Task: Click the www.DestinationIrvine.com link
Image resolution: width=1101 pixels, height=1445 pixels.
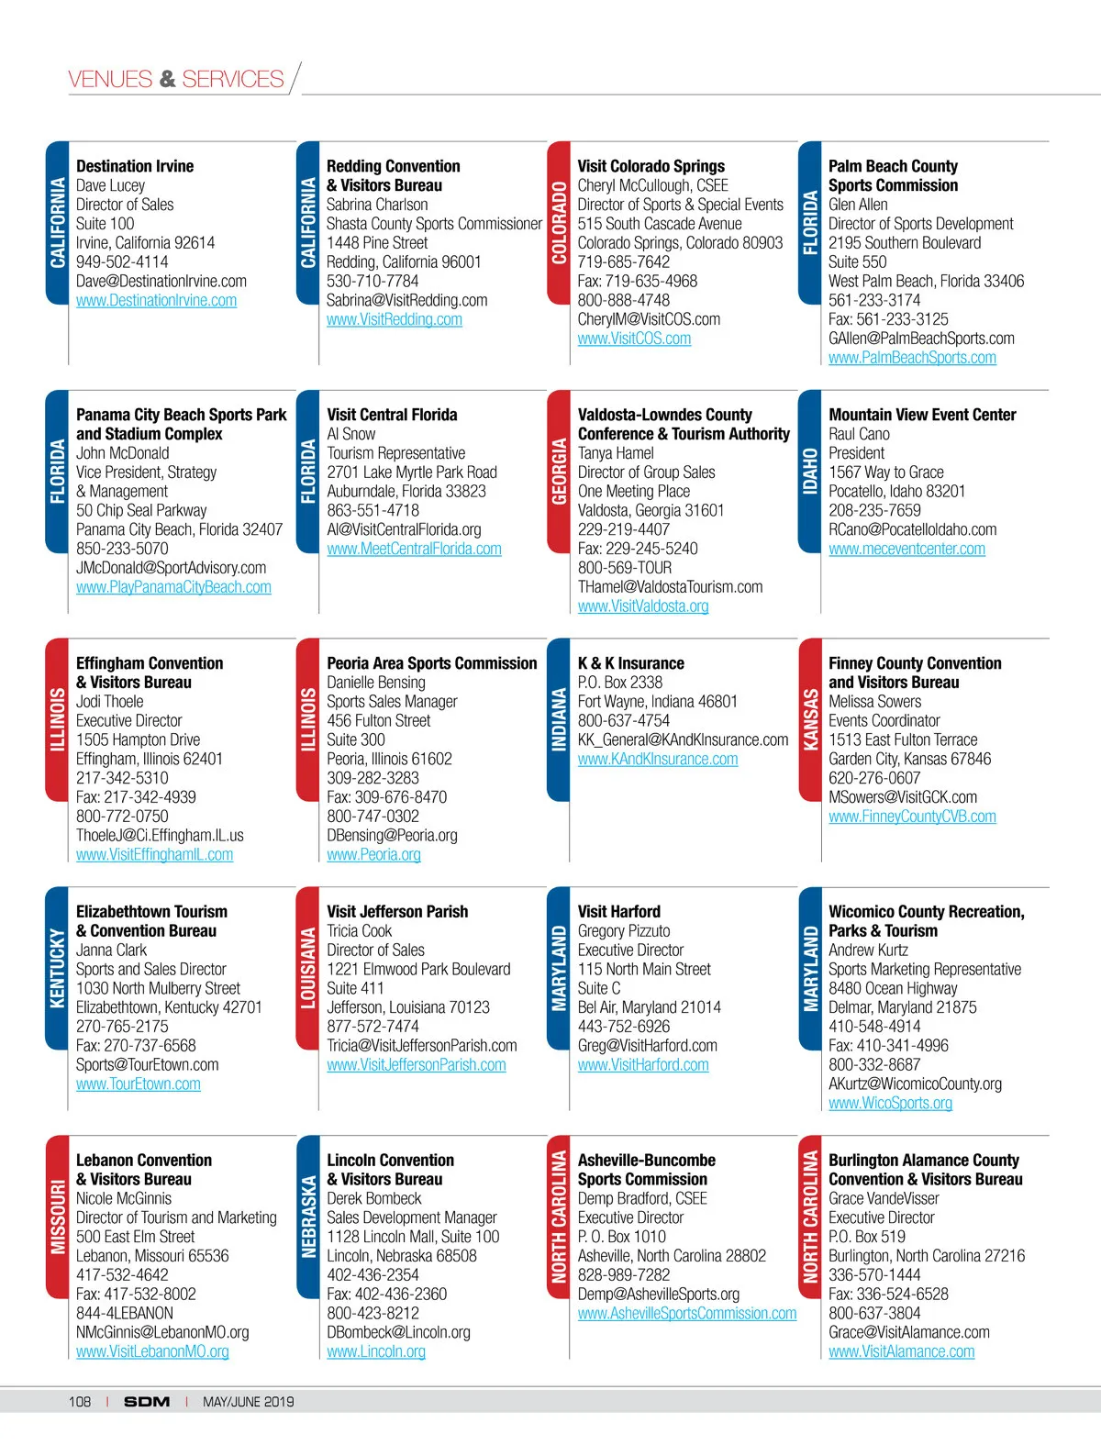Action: point(156,301)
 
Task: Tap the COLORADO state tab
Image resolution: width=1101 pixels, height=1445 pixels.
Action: point(559,223)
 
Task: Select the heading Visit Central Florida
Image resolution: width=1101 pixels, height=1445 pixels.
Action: point(392,415)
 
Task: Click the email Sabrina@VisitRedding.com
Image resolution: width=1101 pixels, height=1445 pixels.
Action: point(406,300)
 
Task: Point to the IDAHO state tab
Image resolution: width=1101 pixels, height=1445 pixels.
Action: point(810,472)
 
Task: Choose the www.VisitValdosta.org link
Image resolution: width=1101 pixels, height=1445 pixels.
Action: point(642,606)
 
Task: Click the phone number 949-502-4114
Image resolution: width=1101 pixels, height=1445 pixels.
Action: point(122,262)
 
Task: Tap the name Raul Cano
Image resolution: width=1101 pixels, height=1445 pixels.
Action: point(859,434)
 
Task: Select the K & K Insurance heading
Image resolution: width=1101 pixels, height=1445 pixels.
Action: point(630,663)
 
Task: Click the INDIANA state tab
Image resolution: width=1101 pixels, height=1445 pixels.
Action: point(559,720)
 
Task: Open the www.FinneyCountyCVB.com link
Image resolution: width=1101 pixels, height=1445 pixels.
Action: point(912,817)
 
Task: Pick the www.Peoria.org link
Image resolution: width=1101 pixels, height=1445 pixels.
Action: point(373,855)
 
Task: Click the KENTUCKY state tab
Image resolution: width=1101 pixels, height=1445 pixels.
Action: point(57,968)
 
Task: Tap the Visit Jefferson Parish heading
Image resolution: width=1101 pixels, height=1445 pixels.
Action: point(397,912)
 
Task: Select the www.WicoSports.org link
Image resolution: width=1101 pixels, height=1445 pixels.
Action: point(890,1104)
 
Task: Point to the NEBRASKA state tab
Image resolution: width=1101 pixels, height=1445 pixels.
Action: point(308,1217)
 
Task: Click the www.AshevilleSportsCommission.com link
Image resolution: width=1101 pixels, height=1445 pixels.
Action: point(686,1314)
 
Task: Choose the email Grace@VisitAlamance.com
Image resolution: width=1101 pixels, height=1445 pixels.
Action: point(908,1332)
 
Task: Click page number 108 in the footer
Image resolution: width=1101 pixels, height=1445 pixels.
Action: point(80,1402)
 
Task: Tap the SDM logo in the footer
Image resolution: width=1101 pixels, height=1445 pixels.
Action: point(147,1402)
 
